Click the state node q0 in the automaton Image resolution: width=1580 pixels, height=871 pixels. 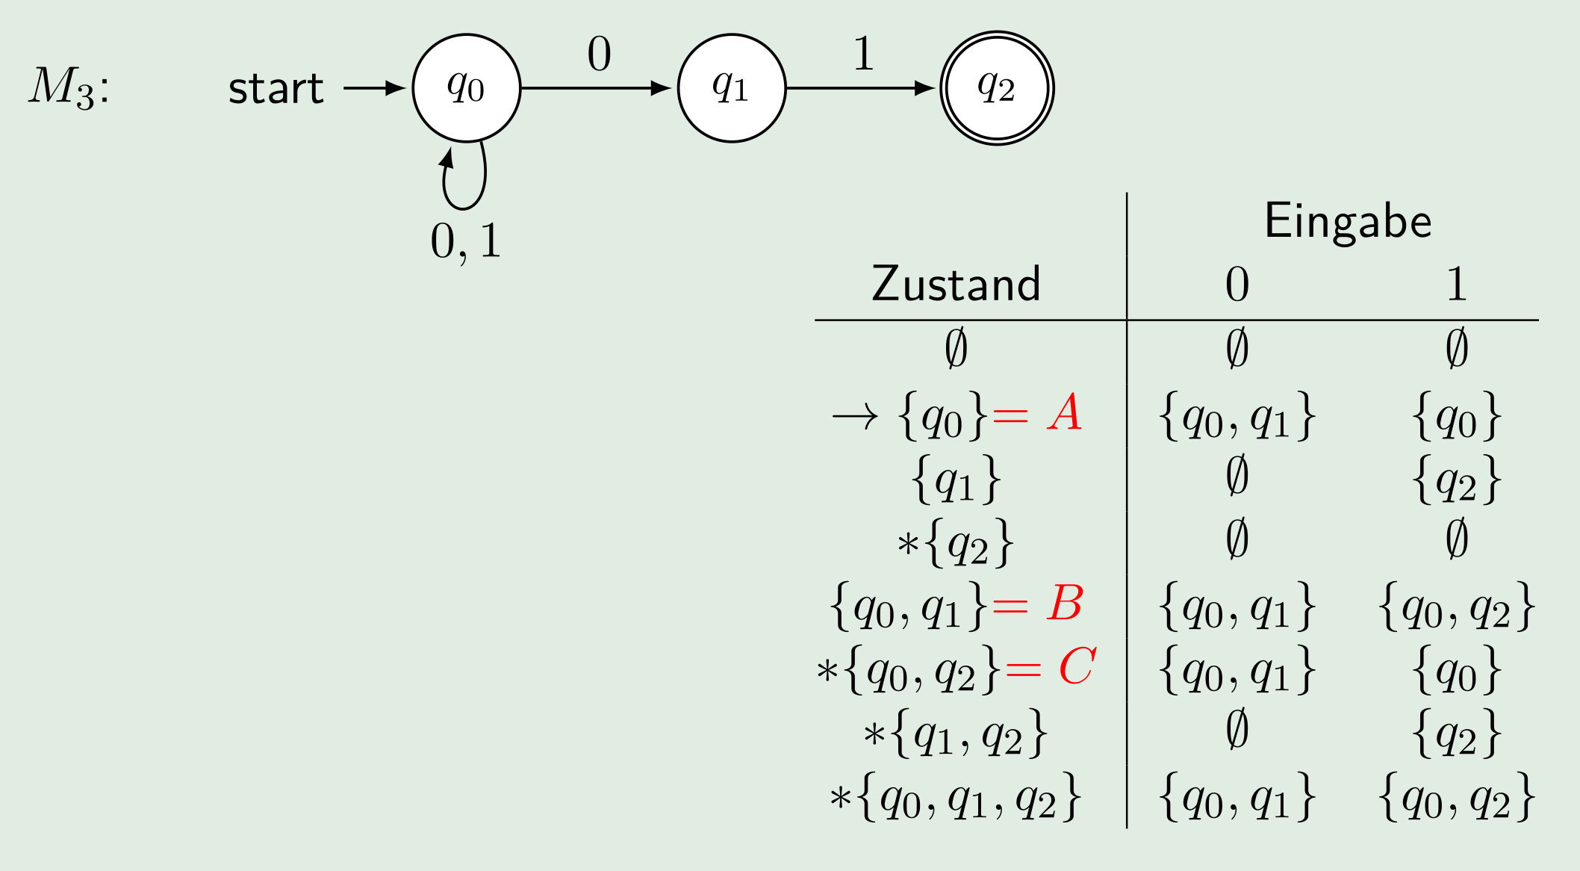click(x=466, y=88)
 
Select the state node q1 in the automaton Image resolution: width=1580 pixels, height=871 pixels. click(x=731, y=88)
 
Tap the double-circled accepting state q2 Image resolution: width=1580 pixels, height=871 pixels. click(x=996, y=88)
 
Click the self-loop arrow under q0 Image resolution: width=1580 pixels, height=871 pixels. click(x=464, y=179)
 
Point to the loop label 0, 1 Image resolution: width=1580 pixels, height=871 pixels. click(x=466, y=242)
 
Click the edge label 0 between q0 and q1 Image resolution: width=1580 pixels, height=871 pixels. click(x=599, y=55)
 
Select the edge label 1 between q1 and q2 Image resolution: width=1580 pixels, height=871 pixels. click(x=863, y=55)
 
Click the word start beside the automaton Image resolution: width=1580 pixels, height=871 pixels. click(x=276, y=89)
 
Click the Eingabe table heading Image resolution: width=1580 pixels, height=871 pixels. click(x=1348, y=221)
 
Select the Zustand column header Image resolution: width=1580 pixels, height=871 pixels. click(x=956, y=285)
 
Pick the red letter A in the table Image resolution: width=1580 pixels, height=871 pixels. click(x=1065, y=413)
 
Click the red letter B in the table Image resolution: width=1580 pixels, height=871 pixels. click(x=1065, y=604)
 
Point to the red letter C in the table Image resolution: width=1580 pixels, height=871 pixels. click(x=1077, y=666)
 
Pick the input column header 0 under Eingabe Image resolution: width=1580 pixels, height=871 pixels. click(x=1237, y=285)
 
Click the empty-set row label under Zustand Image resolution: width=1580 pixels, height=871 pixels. click(x=956, y=348)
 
